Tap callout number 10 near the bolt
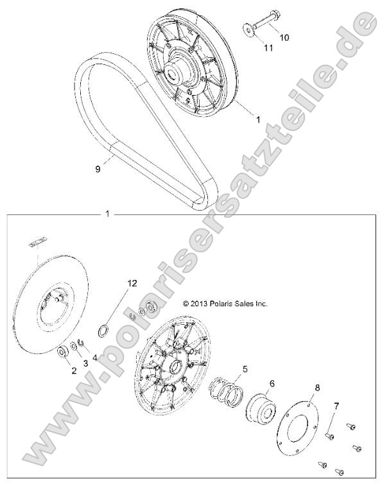point(284,38)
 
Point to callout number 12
point(132,283)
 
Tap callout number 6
point(272,383)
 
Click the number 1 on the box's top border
point(107,213)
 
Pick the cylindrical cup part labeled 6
point(261,412)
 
